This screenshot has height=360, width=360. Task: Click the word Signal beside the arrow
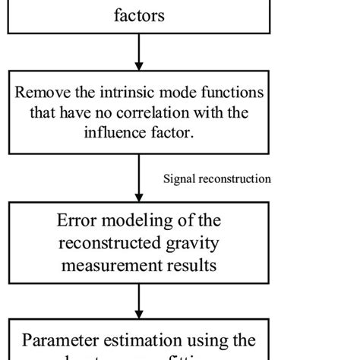click(180, 179)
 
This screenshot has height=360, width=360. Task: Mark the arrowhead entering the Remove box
click(138, 65)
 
